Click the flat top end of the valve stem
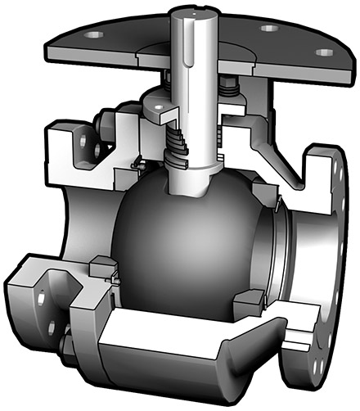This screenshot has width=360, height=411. point(196,11)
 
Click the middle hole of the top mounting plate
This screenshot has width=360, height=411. point(268,28)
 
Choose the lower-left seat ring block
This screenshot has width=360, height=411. point(101,266)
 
